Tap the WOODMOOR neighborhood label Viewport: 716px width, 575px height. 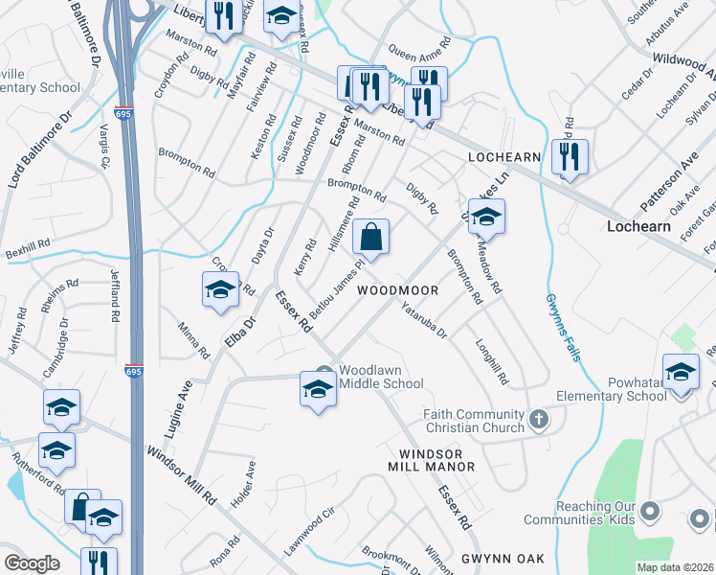click(398, 290)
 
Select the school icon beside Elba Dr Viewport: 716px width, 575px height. click(220, 290)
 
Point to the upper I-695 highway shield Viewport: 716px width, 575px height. click(123, 112)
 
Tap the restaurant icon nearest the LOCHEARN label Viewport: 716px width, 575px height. click(570, 156)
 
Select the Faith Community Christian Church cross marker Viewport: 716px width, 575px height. click(540, 419)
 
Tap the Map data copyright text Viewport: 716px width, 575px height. click(675, 567)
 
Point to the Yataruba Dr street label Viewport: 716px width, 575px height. click(424, 321)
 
